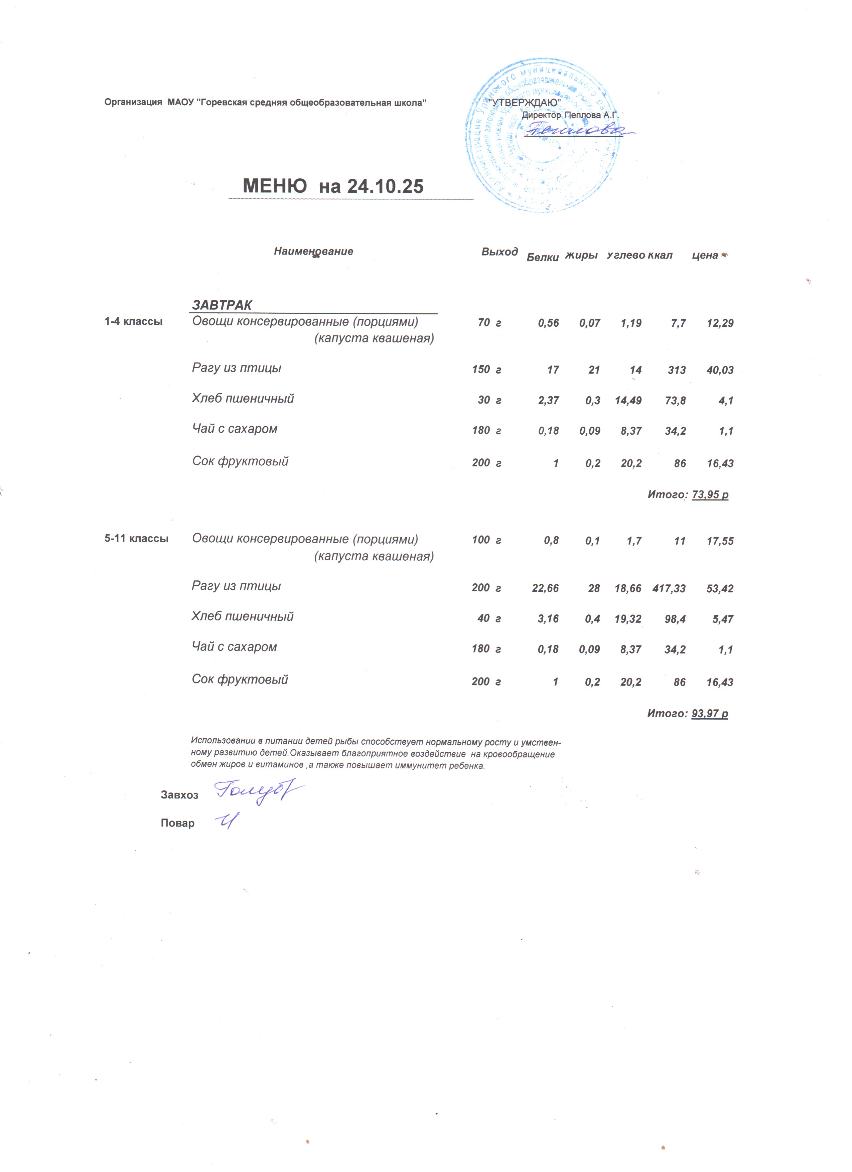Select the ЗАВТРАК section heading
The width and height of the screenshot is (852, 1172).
point(222,305)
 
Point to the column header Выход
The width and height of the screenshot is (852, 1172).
point(499,252)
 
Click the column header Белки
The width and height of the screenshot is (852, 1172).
point(543,257)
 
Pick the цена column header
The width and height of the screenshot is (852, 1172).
point(705,255)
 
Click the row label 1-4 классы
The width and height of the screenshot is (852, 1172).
point(133,321)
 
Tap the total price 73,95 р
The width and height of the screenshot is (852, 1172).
point(710,494)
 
